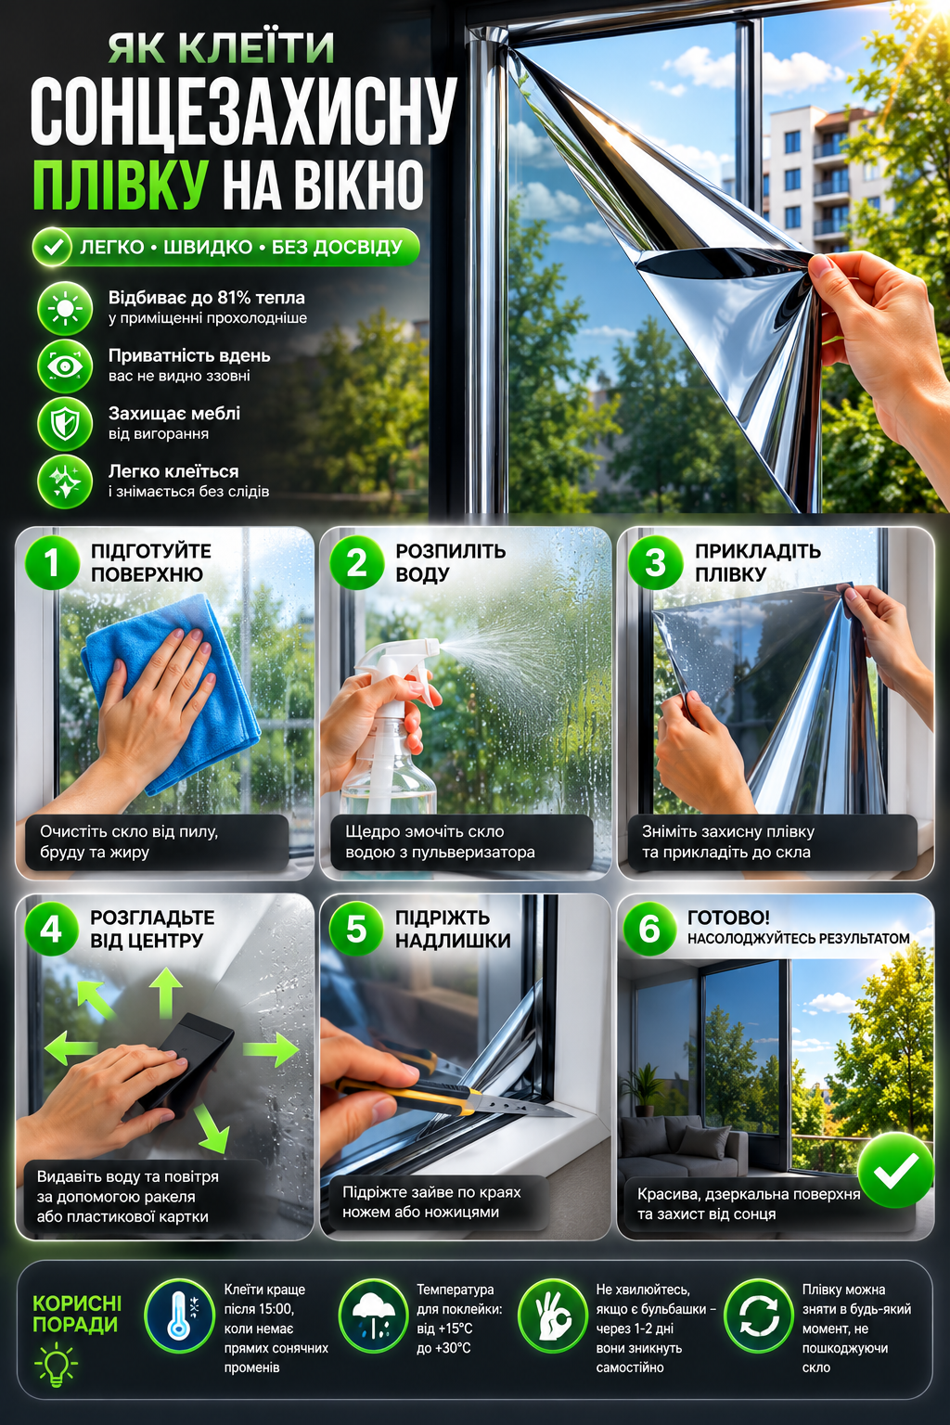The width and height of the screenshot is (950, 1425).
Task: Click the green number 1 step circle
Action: [52, 561]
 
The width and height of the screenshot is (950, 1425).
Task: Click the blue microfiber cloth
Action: [171, 693]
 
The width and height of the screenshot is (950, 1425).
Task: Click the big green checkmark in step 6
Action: [895, 1169]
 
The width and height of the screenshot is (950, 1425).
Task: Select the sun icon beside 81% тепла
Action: [65, 309]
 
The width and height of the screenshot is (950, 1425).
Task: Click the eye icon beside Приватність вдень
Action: [65, 366]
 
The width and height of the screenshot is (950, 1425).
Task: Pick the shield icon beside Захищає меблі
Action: [65, 424]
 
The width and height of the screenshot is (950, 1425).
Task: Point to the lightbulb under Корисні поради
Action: [56, 1365]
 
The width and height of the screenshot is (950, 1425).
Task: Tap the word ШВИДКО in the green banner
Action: [208, 247]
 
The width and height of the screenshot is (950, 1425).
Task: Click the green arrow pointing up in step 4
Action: [167, 993]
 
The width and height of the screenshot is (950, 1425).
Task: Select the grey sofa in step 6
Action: [682, 1145]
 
